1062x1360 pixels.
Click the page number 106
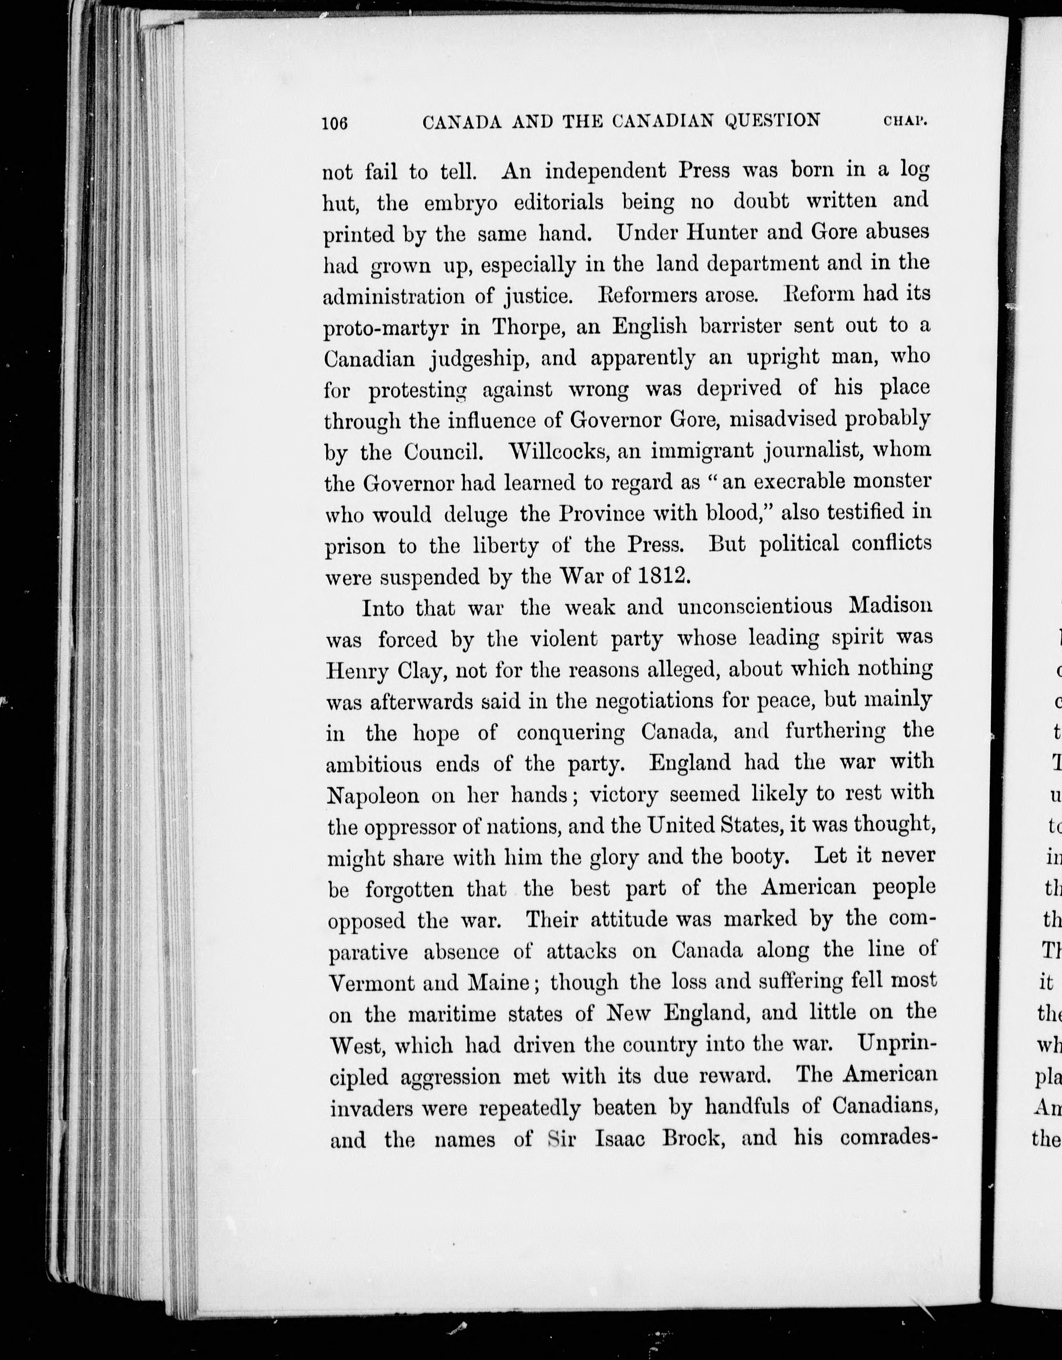click(335, 123)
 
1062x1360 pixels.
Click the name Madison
click(891, 605)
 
